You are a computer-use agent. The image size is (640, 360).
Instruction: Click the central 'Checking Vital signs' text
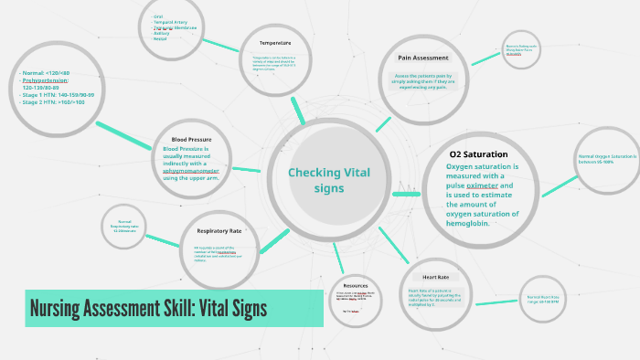point(329,180)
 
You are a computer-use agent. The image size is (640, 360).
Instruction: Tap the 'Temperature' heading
point(274,43)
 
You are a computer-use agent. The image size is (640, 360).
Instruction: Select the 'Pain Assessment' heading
point(422,58)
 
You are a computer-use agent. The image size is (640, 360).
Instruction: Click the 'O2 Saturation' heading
point(478,154)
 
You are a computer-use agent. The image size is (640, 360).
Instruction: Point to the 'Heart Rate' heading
point(435,277)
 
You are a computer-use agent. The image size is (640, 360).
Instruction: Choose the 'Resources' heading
point(356,285)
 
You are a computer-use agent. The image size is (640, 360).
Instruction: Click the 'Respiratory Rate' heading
point(219,230)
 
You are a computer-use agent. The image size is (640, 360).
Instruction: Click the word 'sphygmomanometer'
point(190,168)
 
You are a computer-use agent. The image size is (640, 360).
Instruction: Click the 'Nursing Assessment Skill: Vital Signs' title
point(149,308)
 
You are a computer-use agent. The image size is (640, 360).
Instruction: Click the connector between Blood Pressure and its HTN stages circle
point(116,130)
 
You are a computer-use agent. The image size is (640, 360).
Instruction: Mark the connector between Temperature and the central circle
point(297,109)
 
